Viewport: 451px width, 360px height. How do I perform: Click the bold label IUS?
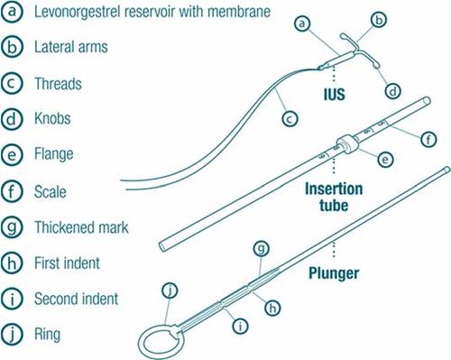pos(334,95)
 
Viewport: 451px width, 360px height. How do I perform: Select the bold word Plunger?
pos(334,273)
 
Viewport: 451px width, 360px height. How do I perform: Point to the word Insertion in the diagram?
pos(334,189)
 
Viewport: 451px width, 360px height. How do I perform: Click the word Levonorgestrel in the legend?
pos(77,12)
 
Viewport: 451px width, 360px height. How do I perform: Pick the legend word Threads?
pos(58,83)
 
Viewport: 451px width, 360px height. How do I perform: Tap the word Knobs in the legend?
pos(52,118)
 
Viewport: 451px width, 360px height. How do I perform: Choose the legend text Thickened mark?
pos(81,227)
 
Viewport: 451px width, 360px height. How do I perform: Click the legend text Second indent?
pos(77,299)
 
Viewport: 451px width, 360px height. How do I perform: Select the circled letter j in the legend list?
pos(12,334)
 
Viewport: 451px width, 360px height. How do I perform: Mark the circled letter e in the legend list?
pos(12,155)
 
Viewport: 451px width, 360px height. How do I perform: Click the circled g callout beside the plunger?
pos(261,249)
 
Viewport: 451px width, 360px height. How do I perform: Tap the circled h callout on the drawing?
pos(272,308)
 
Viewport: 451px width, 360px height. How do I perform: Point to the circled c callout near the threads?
pos(290,119)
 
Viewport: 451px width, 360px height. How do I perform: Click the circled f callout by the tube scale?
pos(428,139)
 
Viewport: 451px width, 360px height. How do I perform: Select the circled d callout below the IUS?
pos(393,91)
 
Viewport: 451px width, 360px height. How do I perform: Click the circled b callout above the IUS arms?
pos(379,20)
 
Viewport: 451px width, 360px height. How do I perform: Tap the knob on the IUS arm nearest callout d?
pos(376,65)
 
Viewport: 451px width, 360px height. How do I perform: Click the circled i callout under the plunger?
pos(240,326)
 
